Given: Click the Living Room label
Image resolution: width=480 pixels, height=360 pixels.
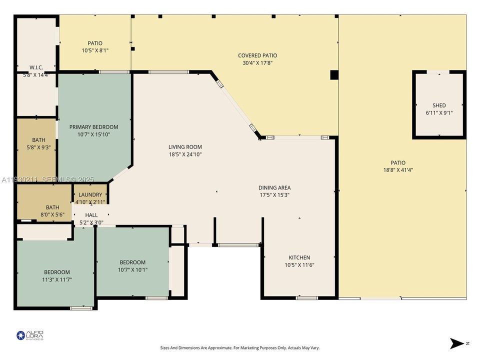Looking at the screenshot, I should pyautogui.click(x=185, y=147).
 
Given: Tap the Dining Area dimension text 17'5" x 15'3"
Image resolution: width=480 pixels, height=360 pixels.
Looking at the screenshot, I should pyautogui.click(x=274, y=195).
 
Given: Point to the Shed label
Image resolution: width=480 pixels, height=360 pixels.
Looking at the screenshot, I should pyautogui.click(x=439, y=105).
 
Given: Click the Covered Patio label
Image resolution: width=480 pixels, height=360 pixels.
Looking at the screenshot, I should pyautogui.click(x=257, y=55).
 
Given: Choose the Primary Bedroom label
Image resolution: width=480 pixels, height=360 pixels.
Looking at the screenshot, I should pyautogui.click(x=93, y=127).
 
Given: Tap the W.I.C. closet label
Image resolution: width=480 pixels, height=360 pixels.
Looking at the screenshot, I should pyautogui.click(x=36, y=67).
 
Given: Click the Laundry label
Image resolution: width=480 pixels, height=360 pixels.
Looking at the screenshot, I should pyautogui.click(x=90, y=194).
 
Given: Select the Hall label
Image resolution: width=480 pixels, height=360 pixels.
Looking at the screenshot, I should pyautogui.click(x=91, y=215).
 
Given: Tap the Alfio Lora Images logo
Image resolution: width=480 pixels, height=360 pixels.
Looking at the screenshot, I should pyautogui.click(x=30, y=335).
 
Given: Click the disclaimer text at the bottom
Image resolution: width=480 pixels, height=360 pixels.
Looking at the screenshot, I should pyautogui.click(x=240, y=347).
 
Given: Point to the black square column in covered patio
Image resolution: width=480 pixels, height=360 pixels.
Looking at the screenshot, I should pyautogui.click(x=334, y=75).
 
